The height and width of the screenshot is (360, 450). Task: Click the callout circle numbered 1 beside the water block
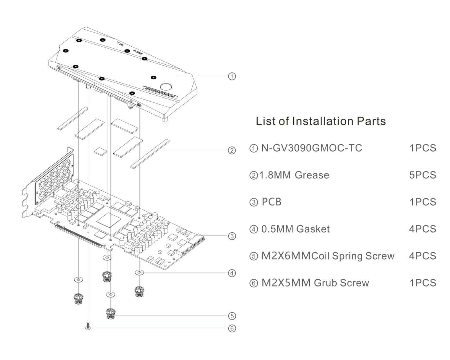pyautogui.click(x=232, y=76)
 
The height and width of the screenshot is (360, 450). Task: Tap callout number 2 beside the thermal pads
pyautogui.click(x=232, y=150)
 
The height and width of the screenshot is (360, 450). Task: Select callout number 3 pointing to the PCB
pyautogui.click(x=232, y=236)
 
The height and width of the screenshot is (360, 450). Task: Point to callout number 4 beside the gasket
pyautogui.click(x=232, y=273)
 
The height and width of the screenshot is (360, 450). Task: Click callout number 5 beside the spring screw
pyautogui.click(x=232, y=316)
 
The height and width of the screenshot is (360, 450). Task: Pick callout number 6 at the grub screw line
pyautogui.click(x=232, y=328)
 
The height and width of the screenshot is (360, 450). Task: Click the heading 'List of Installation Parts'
pyautogui.click(x=321, y=121)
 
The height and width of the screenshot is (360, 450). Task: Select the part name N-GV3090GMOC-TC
pyautogui.click(x=312, y=148)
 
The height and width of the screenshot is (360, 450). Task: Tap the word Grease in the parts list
pyautogui.click(x=312, y=175)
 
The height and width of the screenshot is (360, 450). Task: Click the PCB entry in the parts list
pyautogui.click(x=271, y=202)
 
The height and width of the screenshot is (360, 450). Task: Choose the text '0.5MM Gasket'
pyautogui.click(x=296, y=229)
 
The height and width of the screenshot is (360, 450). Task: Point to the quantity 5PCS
pyautogui.click(x=423, y=175)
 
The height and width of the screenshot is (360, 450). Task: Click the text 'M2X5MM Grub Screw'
pyautogui.click(x=315, y=283)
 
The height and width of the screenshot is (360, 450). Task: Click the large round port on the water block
pyautogui.click(x=166, y=87)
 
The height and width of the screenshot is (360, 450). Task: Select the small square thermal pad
pyautogui.click(x=101, y=151)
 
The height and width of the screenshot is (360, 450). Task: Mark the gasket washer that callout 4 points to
pyautogui.click(x=139, y=272)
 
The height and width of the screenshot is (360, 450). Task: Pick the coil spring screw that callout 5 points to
pyautogui.click(x=111, y=314)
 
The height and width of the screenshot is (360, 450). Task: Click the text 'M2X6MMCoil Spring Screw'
pyautogui.click(x=328, y=256)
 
